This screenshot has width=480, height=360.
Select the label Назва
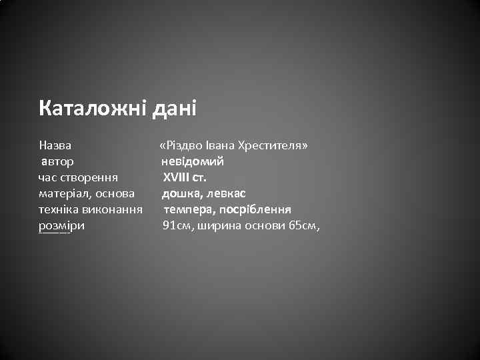coord(56,145)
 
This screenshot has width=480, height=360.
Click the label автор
coord(58,161)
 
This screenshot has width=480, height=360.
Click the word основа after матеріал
coord(115,193)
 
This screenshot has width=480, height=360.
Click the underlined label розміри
coord(62,226)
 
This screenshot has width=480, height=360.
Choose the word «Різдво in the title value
coord(177,145)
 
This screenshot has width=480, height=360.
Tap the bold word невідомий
coord(192,161)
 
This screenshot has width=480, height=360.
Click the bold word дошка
coord(181,193)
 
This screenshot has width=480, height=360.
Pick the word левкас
coord(226,193)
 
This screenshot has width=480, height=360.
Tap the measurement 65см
coord(304,226)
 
